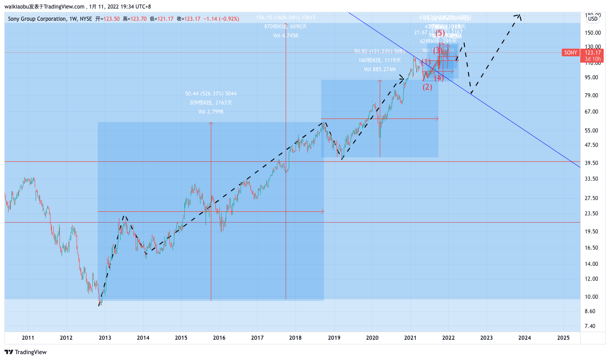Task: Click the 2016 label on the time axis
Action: (x=219, y=337)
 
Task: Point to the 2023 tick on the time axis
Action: (x=486, y=337)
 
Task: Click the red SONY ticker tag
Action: (x=570, y=53)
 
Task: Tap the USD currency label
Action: (x=593, y=19)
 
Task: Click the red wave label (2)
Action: (x=427, y=87)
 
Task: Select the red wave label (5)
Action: (x=440, y=33)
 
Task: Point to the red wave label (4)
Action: (x=439, y=78)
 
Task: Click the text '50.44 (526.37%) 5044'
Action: (x=211, y=94)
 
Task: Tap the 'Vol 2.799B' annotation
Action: (x=211, y=111)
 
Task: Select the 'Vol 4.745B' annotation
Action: (x=286, y=36)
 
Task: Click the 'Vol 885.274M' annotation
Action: (x=380, y=69)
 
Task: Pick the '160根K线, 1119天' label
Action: (x=380, y=60)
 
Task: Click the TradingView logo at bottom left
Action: (x=26, y=352)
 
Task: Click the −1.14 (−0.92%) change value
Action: (x=222, y=19)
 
